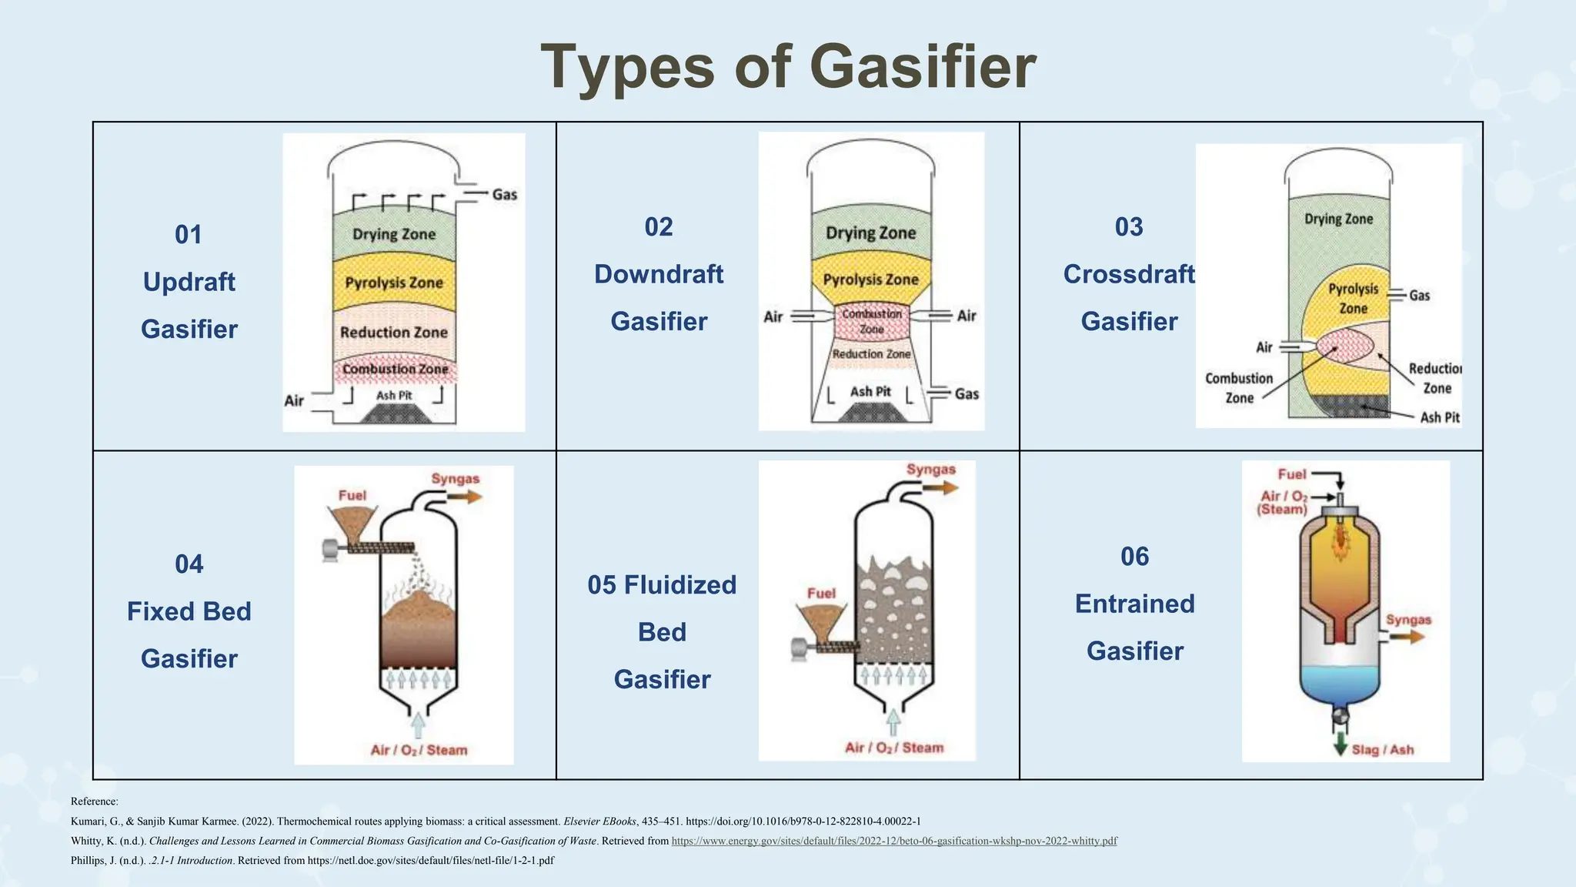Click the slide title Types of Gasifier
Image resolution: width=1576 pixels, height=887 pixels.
click(788, 67)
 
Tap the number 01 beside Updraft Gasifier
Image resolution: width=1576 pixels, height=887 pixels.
click(189, 234)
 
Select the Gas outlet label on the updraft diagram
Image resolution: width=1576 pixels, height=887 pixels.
click(505, 194)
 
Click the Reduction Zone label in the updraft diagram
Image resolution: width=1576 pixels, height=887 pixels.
click(393, 333)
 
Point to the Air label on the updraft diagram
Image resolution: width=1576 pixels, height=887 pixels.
click(294, 400)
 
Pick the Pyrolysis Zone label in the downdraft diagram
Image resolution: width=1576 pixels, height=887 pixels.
click(870, 279)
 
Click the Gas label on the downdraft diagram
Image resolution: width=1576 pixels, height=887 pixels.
click(967, 393)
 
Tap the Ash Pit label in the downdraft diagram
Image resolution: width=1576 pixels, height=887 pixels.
click(870, 392)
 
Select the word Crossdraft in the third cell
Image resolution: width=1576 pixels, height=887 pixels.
click(1129, 274)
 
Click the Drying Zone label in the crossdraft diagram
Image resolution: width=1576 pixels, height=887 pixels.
click(1338, 219)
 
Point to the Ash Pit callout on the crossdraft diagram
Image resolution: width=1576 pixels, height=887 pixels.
click(1439, 417)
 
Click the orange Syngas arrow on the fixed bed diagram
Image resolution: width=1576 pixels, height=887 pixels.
click(465, 497)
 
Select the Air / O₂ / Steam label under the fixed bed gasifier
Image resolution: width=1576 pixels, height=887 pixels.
click(419, 750)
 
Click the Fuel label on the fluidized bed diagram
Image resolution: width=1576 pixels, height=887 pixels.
click(821, 593)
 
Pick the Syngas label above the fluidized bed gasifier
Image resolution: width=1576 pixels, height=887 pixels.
click(930, 470)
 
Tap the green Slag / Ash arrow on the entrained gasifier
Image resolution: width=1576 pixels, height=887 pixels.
click(1340, 744)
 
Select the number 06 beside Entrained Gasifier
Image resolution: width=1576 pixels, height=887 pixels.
click(1134, 556)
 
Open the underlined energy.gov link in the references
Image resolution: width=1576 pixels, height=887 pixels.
click(894, 841)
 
